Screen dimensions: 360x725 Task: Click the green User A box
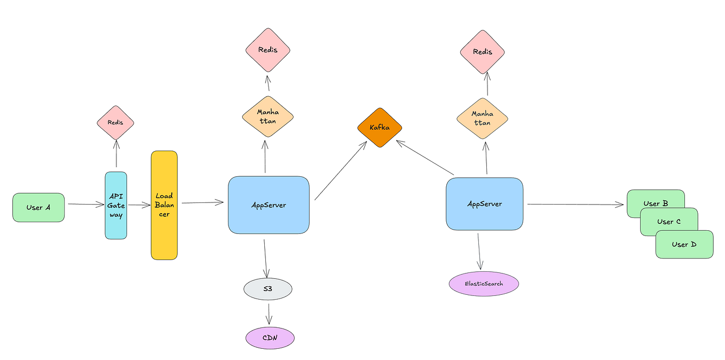click(38, 207)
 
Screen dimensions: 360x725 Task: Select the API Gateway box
click(116, 205)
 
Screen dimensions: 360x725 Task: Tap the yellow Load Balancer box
click(164, 205)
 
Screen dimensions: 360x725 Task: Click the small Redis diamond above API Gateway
click(115, 122)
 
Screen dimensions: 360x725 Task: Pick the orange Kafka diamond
click(379, 128)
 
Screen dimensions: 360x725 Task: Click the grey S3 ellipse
click(267, 289)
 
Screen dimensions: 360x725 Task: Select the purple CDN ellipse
click(270, 338)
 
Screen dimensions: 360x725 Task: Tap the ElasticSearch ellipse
click(484, 283)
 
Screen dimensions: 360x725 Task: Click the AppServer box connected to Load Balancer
click(269, 205)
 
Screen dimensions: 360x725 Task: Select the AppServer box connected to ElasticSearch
click(484, 204)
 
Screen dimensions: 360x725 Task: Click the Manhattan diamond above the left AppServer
click(267, 116)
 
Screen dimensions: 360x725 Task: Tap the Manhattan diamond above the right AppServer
click(482, 118)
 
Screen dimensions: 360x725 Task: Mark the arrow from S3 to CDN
click(269, 312)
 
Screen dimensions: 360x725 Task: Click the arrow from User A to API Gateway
click(85, 204)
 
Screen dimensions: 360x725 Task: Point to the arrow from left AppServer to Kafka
click(338, 172)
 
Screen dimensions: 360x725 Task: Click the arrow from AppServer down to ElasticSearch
click(479, 251)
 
